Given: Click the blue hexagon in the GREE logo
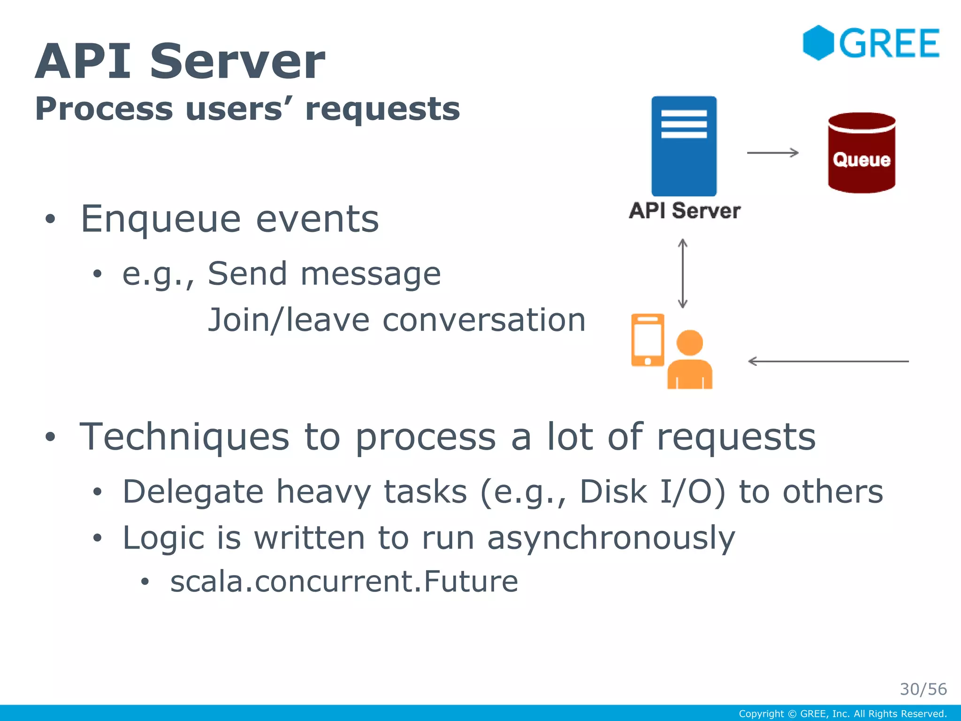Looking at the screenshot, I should coord(818,43).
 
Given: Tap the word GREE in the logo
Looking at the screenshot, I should coord(889,44).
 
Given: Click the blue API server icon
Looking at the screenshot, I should coord(684,146).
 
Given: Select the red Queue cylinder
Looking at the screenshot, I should coord(862,153).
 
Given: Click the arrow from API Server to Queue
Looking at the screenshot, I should coord(772,153).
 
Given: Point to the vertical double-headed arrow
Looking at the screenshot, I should coord(683,274).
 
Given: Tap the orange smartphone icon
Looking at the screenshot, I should coord(648,340).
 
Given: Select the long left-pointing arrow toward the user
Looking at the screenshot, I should coord(828,361).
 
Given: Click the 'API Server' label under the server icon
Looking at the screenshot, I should coord(685,211).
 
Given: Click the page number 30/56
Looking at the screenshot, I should coord(923,689).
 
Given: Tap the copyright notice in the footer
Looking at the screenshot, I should coord(842,714).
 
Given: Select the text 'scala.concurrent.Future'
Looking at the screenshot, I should coord(344,582).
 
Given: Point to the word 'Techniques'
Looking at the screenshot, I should coord(184,437).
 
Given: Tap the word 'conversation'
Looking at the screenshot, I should coord(484,320).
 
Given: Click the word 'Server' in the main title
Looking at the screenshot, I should coord(237,61).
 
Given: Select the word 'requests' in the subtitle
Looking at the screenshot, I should coord(382,109).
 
